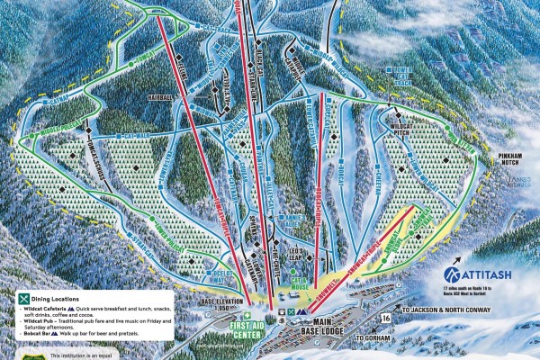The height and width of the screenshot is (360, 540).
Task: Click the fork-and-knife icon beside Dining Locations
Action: point(24,296)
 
